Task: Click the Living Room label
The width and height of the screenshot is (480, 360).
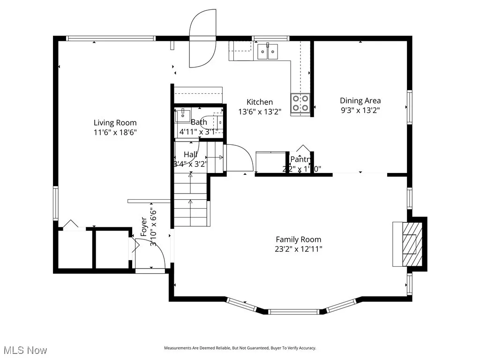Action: [x=115, y=123]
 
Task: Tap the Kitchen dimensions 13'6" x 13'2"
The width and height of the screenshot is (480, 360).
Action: [x=260, y=112]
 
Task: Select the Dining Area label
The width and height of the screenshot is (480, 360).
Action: [x=360, y=100]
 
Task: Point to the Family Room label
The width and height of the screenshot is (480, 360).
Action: [x=298, y=240]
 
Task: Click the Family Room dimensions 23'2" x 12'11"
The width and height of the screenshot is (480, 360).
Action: [x=299, y=249]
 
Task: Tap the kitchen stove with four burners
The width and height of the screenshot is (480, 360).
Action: [x=300, y=103]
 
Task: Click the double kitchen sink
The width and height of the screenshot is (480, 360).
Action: [x=267, y=51]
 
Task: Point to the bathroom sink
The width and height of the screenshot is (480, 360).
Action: [x=182, y=115]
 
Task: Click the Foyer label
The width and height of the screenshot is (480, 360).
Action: [x=144, y=226]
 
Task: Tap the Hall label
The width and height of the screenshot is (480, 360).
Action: [x=190, y=154]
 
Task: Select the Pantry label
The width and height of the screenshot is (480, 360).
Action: [x=300, y=159]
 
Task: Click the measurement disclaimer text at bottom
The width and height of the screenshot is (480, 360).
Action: [x=240, y=348]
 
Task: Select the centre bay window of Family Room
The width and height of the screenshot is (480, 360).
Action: [x=294, y=311]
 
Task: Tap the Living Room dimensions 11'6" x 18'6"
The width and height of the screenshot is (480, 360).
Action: [x=115, y=133]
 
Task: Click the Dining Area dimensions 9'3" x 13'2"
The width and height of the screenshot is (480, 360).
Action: [x=360, y=111]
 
